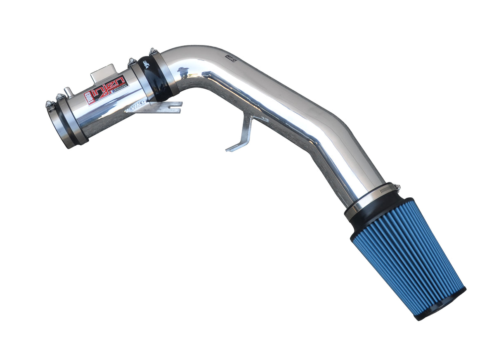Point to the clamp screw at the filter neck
coord(395,188)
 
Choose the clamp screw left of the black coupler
coord(132,62)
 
